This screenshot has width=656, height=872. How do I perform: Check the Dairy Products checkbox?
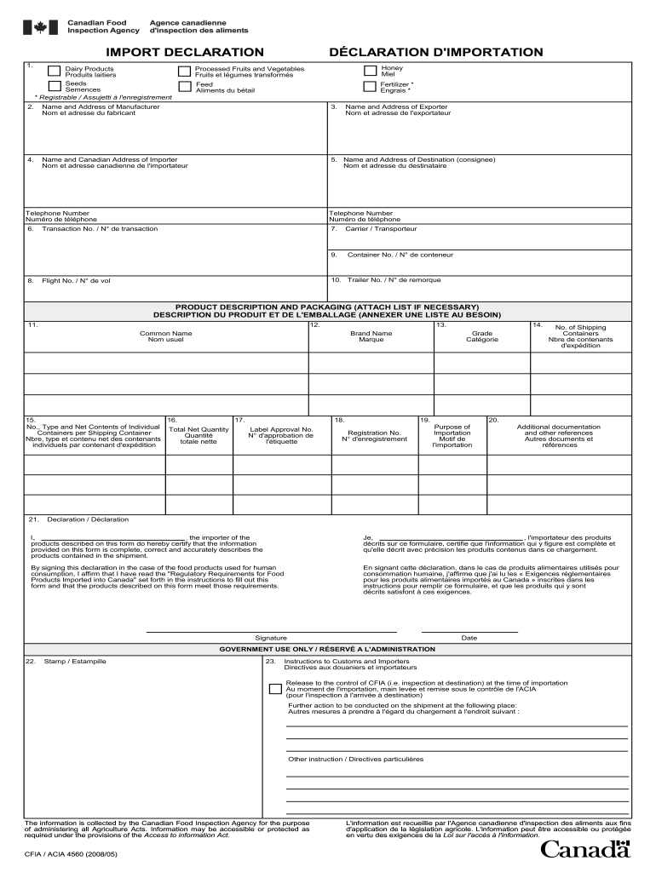[x=54, y=72]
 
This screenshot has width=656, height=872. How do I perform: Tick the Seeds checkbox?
[x=54, y=86]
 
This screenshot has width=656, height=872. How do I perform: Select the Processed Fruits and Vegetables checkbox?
[x=184, y=72]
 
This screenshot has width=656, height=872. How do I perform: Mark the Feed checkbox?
[x=184, y=86]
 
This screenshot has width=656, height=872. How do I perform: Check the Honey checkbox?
[x=370, y=72]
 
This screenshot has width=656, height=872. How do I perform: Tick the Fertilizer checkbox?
[x=370, y=86]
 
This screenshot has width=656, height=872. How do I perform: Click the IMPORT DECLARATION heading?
[x=185, y=53]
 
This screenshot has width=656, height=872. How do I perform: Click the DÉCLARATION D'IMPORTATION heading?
[x=436, y=53]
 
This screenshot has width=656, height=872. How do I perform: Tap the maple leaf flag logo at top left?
[x=40, y=27]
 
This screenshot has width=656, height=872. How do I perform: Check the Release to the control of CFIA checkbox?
[x=274, y=689]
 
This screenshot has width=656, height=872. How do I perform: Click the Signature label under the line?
[x=271, y=638]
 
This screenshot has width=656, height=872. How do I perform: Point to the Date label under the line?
[x=469, y=638]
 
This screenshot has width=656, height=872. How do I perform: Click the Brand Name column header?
[x=371, y=336]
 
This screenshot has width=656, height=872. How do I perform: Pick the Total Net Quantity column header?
[x=199, y=435]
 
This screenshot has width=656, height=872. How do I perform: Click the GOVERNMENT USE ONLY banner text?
[x=327, y=649]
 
